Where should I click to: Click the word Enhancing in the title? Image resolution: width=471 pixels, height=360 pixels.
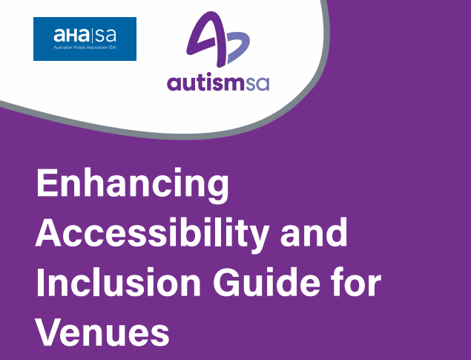pyautogui.click(x=133, y=186)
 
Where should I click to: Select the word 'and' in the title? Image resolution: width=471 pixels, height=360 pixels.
pyautogui.click(x=314, y=232)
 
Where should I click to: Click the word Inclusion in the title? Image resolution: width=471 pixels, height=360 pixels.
pyautogui.click(x=119, y=281)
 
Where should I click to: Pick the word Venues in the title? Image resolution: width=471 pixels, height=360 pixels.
pyautogui.click(x=102, y=331)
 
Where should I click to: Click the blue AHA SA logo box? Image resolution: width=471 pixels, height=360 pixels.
pyautogui.click(x=85, y=39)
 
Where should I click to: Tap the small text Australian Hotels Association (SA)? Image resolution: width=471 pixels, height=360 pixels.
pyautogui.click(x=85, y=48)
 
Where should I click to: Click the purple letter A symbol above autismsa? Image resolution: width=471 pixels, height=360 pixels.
pyautogui.click(x=206, y=39)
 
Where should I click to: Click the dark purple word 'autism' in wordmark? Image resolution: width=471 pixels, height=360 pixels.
pyautogui.click(x=205, y=82)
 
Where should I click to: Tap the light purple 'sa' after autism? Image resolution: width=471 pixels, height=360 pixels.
pyautogui.click(x=257, y=84)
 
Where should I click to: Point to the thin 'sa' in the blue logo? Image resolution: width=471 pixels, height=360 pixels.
pyautogui.click(x=105, y=36)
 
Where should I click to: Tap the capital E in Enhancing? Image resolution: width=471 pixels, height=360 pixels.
pyautogui.click(x=47, y=183)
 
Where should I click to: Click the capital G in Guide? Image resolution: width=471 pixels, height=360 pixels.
pyautogui.click(x=226, y=281)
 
